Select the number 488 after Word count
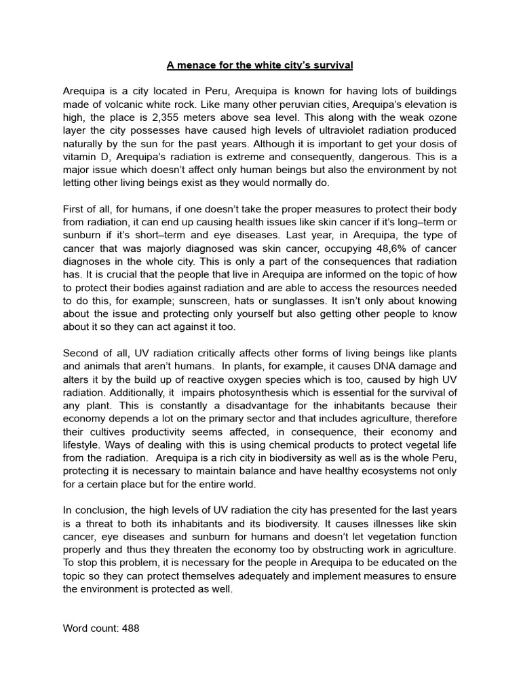(x=130, y=628)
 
